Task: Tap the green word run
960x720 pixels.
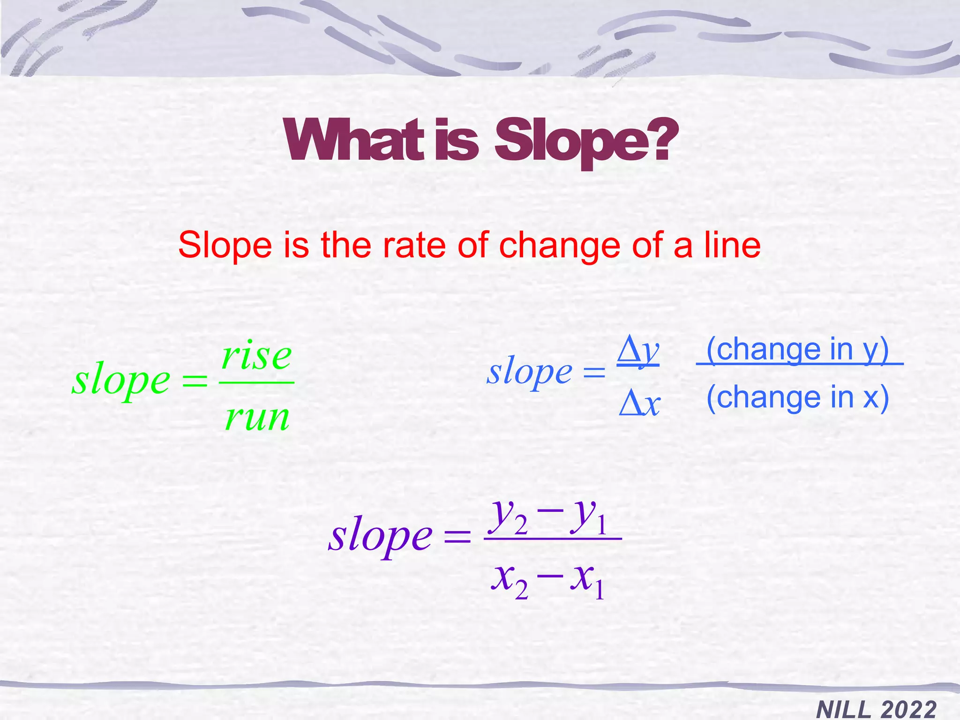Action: [x=257, y=417]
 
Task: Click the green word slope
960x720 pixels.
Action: [x=121, y=380]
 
